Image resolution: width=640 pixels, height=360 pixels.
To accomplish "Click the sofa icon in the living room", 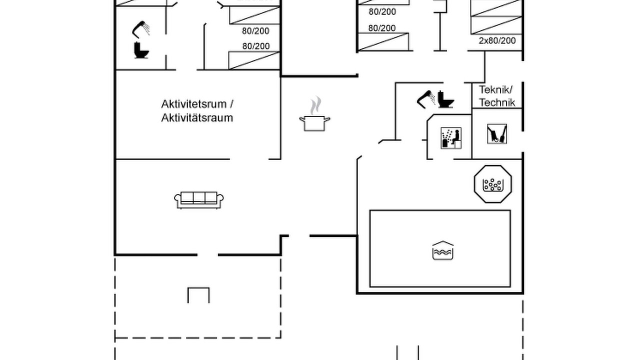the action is pos(199,200).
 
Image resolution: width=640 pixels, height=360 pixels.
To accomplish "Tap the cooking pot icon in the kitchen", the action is pos(314,123).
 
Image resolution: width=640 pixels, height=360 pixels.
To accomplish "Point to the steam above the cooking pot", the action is pos(315,105).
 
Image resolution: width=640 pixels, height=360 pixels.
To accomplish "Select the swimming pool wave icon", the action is pos(443,250).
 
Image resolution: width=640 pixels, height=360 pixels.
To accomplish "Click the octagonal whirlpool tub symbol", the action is pos(493,184).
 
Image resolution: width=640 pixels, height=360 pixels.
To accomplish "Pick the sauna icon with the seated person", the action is pos(451,138).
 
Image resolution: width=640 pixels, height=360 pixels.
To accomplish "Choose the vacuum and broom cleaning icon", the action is pos(497,133).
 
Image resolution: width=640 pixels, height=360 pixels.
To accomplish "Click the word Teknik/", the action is pos(496,89).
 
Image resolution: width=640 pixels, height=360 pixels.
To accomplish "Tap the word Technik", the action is pos(497,102).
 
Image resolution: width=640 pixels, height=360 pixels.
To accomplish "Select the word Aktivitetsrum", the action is pos(194,104).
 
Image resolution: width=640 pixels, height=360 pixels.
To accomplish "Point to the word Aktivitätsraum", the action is pos(197,117).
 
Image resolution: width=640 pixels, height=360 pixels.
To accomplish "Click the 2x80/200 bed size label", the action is pos(497,40).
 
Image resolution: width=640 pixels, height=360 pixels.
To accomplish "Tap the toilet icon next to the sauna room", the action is pos(445,99).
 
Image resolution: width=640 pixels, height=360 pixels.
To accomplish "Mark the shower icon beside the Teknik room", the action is pos(425,99).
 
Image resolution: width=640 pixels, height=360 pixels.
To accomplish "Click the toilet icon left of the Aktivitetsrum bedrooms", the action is pos(141,50).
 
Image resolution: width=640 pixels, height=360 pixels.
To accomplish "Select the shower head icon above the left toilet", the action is pos(141,29).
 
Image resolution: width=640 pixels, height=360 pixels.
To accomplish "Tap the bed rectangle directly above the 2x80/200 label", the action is pos(496,25).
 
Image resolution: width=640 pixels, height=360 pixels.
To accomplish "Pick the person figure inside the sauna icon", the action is pos(456,137).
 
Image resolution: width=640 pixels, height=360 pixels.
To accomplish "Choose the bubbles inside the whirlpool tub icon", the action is pos(493,184).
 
